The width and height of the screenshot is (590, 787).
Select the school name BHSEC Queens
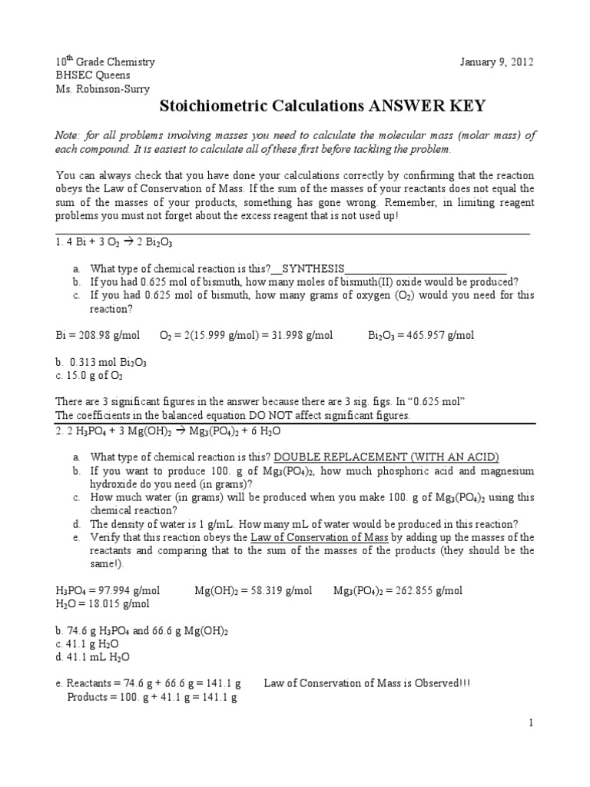tap(91, 75)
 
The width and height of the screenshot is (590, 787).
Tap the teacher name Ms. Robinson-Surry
tap(103, 88)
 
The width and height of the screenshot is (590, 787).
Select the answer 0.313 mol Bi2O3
tap(108, 362)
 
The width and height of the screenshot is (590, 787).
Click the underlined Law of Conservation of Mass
tap(323, 537)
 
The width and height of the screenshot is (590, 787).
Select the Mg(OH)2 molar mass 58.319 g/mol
tap(254, 590)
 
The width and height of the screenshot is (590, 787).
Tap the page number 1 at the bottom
tap(530, 723)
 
